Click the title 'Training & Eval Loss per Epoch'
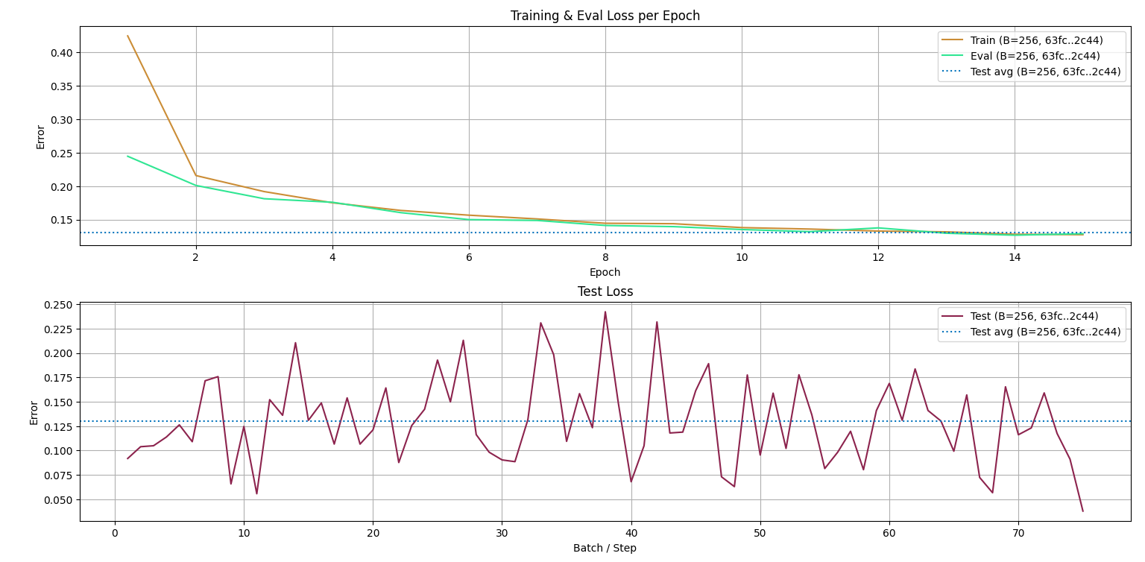[605, 16]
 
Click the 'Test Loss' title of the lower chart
[605, 291]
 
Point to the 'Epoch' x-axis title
[605, 272]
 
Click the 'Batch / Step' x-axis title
[605, 548]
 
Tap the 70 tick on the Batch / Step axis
[1018, 533]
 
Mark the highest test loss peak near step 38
[605, 312]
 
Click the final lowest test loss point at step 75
[1082, 511]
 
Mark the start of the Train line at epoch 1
[127, 36]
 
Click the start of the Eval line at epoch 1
[127, 156]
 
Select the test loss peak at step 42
[657, 322]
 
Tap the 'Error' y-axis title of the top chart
[41, 136]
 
